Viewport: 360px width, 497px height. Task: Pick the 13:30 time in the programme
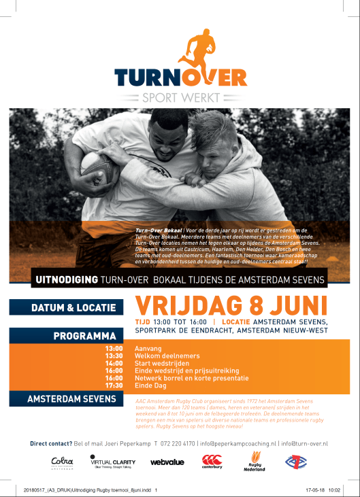point(114,355)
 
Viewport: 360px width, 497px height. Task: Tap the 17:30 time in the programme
point(114,385)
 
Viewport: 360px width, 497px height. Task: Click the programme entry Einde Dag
point(150,385)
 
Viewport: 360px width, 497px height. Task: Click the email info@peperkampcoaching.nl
point(238,443)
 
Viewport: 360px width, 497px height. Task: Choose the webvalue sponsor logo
point(167,462)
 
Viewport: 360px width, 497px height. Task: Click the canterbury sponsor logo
point(212,462)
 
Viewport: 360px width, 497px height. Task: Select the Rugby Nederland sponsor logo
point(252,462)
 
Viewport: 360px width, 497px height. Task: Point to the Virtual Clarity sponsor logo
point(112,462)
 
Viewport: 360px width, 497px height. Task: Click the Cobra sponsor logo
point(61,462)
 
